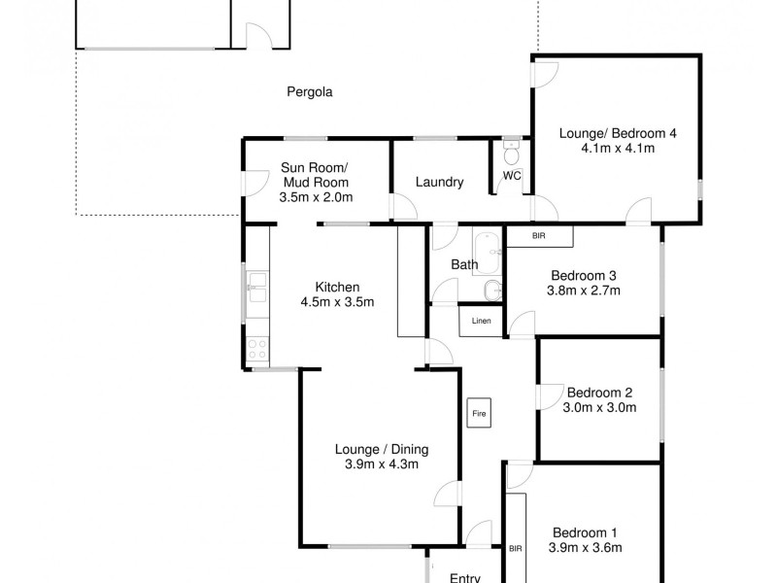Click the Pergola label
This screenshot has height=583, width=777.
tap(310, 92)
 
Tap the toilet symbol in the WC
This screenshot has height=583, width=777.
tap(512, 156)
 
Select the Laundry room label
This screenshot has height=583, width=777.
tap(439, 182)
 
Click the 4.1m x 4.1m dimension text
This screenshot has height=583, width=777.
tap(617, 149)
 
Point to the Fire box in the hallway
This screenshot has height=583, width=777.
tap(478, 413)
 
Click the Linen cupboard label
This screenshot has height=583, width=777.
tap(482, 322)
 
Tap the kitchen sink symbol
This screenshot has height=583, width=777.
tap(257, 284)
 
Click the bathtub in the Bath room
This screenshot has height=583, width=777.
tap(487, 254)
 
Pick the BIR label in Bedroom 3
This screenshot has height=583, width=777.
tap(538, 236)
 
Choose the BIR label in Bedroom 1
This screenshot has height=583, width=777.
tap(515, 549)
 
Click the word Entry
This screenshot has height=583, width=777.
tap(465, 577)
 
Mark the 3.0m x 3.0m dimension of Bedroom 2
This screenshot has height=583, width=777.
tap(599, 407)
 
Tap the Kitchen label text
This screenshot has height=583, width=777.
tap(337, 287)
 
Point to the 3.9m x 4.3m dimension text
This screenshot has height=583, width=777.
tap(381, 463)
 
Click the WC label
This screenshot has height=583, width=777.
tap(511, 177)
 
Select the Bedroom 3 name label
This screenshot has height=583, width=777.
tap(584, 275)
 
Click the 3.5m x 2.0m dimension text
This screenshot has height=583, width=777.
tap(316, 197)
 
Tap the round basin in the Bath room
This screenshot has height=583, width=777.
tap(492, 288)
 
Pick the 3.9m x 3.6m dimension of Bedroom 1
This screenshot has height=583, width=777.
tap(585, 547)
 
